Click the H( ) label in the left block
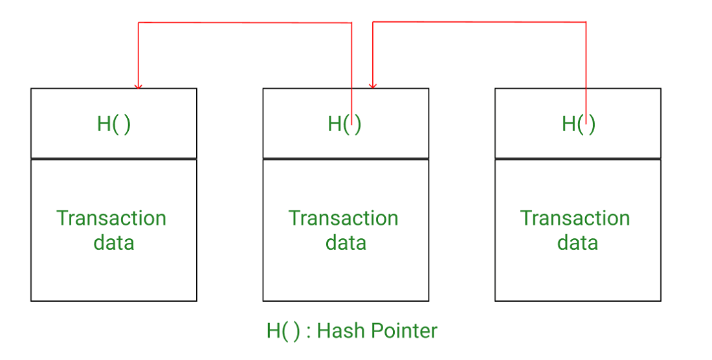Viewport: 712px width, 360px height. tap(114, 124)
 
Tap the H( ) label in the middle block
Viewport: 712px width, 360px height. tap(344, 124)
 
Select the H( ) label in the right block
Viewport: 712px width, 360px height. tap(578, 124)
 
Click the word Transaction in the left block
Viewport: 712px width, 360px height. tap(111, 218)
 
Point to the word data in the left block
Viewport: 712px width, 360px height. tap(114, 243)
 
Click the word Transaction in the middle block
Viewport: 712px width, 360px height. tap(343, 218)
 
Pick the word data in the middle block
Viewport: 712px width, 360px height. tap(346, 243)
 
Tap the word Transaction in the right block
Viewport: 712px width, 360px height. tap(575, 218)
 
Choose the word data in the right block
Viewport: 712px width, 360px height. tap(577, 243)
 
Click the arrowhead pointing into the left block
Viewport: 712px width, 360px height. tap(138, 85)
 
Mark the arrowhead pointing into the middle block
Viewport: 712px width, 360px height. tap(372, 85)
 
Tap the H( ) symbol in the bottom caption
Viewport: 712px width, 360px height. tap(284, 331)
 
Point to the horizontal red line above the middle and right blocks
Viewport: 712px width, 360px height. tap(479, 23)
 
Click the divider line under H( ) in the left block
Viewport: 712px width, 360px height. tap(114, 159)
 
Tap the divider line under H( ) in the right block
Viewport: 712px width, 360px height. tap(578, 159)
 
